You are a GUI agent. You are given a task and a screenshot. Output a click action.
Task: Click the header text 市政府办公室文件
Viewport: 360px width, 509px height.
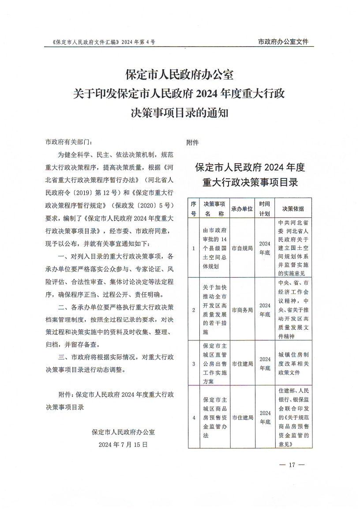click(283, 42)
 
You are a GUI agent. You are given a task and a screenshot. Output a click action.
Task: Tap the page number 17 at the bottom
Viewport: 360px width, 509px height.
click(292, 465)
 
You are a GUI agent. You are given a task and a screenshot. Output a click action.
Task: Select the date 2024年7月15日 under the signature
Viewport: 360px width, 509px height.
click(123, 445)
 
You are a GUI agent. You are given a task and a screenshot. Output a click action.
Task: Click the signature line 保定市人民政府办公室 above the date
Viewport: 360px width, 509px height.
click(123, 432)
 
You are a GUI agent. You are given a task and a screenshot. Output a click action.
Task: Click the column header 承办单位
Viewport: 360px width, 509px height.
click(242, 209)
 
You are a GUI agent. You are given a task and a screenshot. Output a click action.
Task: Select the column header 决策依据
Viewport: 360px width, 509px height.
click(293, 209)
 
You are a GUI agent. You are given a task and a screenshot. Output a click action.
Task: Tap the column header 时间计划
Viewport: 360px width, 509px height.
click(265, 209)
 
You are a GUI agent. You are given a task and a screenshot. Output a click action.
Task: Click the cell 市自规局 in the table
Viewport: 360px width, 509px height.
click(242, 248)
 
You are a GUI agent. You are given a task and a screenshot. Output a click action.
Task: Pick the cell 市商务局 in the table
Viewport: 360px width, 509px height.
click(242, 309)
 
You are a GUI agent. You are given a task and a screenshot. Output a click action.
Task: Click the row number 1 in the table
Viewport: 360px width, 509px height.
click(194, 248)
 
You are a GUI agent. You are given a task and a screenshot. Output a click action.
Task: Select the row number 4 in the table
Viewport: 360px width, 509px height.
click(194, 417)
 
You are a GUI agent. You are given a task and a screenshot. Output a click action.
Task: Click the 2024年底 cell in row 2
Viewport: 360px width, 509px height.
click(265, 309)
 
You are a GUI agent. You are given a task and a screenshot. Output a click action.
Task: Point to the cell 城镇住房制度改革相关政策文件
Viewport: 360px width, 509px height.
click(293, 363)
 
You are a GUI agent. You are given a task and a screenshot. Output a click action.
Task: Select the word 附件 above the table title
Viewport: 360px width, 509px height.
click(193, 143)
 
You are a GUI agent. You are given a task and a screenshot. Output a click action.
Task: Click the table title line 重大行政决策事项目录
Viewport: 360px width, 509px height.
click(250, 182)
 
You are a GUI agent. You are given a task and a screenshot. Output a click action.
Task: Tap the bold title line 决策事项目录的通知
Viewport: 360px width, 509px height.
click(180, 113)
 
